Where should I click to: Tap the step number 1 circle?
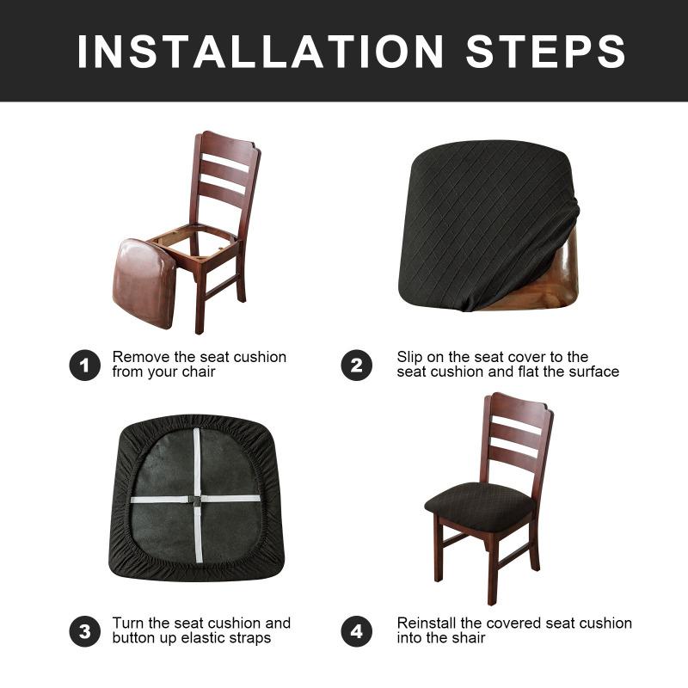point(84,365)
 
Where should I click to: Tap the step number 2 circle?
point(356,365)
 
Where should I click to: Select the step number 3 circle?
point(84,631)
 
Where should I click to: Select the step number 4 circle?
point(356,631)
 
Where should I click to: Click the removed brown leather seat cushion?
point(144,280)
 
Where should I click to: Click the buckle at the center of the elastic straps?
point(197,500)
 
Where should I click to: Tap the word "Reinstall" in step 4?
point(427,623)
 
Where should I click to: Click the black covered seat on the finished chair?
point(481,506)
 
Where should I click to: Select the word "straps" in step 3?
point(249,638)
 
